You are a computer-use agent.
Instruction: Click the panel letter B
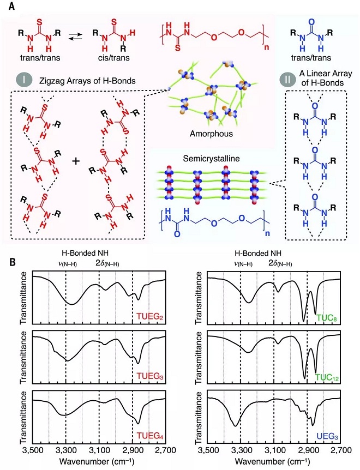tap(13, 262)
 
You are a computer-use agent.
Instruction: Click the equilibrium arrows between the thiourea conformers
tap(75, 37)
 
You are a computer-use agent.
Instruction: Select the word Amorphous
tap(211, 134)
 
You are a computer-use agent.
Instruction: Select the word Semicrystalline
tap(211, 158)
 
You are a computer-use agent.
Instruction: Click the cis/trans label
tap(114, 57)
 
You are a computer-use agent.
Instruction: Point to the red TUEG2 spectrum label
tap(150, 317)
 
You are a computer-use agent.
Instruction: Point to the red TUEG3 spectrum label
tap(150, 376)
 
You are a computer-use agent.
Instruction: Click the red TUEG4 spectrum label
tap(150, 435)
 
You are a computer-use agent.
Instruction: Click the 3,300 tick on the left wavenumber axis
tap(65, 450)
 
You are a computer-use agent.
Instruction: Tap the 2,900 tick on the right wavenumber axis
tap(307, 450)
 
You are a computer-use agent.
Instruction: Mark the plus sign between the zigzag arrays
tap(76, 161)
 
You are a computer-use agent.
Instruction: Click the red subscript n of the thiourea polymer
tap(267, 47)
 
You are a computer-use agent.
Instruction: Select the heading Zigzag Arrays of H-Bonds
tap(87, 81)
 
